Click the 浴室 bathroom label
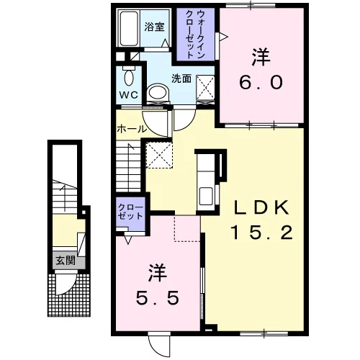[x=154, y=27]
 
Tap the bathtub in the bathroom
[x=129, y=28]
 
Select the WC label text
[x=129, y=95]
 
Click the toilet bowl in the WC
[x=129, y=77]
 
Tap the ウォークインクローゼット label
[x=195, y=35]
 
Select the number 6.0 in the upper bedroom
[x=261, y=83]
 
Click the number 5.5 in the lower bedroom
[x=158, y=297]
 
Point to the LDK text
[x=261, y=208]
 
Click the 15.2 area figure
[x=261, y=233]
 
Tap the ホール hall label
[x=131, y=129]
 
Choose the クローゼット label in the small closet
[x=130, y=212]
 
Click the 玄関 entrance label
[x=66, y=260]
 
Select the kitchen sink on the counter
[x=206, y=196]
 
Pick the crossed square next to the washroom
[x=205, y=88]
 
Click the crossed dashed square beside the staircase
[x=159, y=155]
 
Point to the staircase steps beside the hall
[x=128, y=166]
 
